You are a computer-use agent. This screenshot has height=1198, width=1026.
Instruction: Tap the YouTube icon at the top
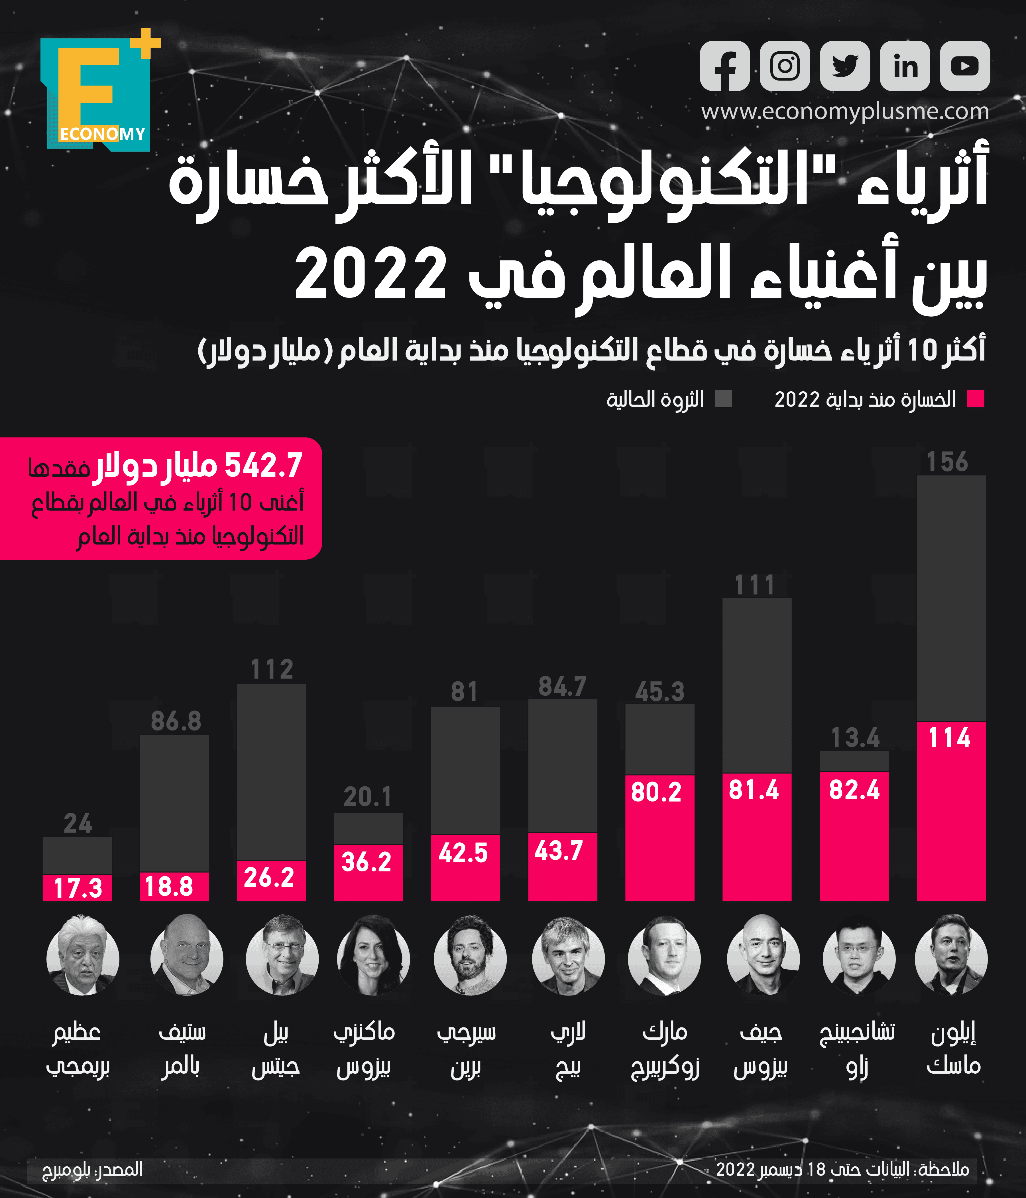(x=965, y=66)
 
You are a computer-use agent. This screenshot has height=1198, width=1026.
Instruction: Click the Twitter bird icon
(x=845, y=66)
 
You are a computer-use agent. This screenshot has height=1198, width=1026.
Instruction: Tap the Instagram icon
(x=785, y=66)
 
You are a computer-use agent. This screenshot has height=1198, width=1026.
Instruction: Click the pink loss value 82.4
(x=854, y=790)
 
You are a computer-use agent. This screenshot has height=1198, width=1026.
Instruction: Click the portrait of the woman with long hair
(x=373, y=958)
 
